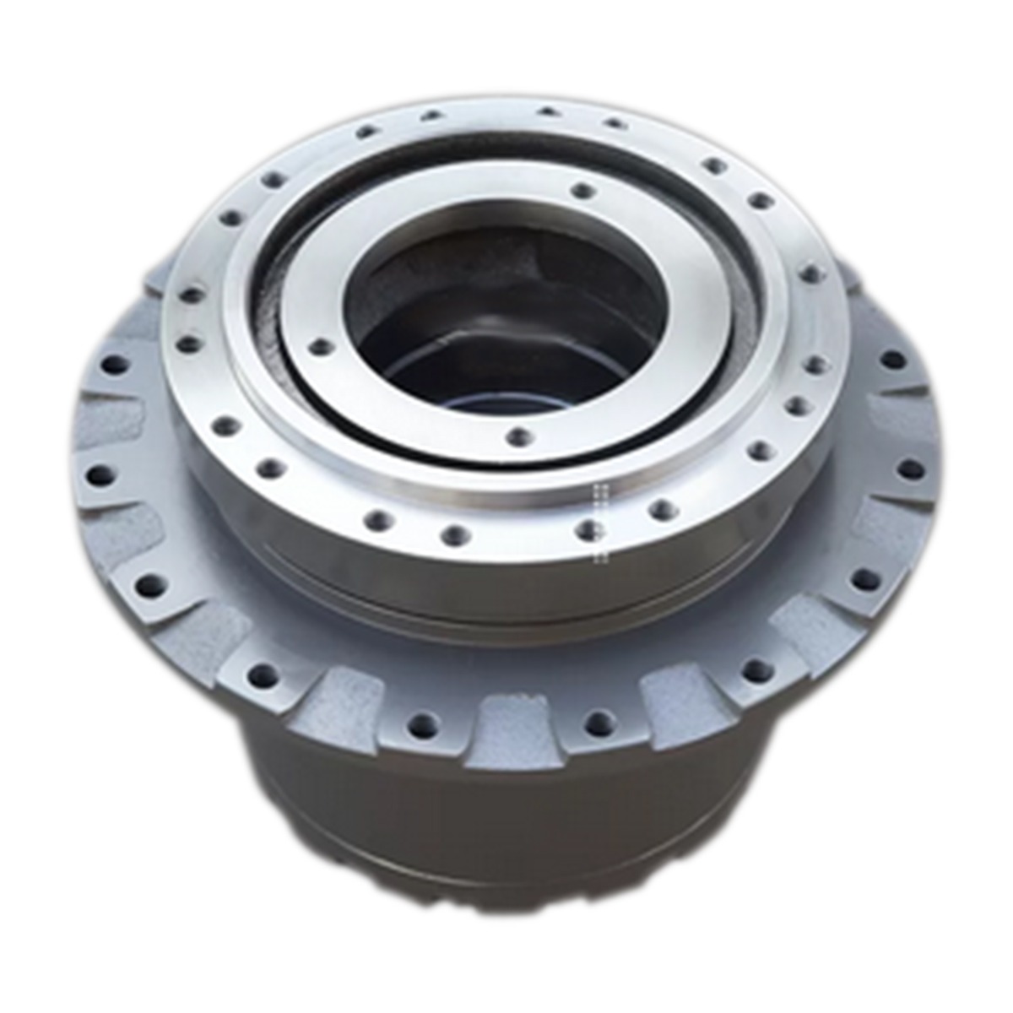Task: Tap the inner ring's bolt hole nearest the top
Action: click(581, 190)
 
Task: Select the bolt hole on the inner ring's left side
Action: click(318, 346)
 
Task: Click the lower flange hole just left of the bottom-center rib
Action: click(422, 724)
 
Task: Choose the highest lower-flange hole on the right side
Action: click(893, 361)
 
